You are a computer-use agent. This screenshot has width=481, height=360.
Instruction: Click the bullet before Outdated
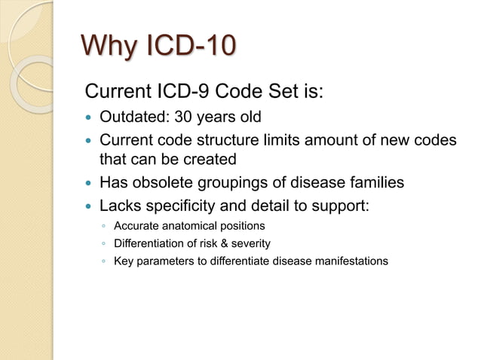(x=90, y=118)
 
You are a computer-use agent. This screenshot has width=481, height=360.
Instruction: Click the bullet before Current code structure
(x=90, y=140)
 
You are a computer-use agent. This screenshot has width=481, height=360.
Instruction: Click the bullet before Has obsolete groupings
(x=90, y=183)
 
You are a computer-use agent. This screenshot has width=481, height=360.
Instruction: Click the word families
(x=369, y=182)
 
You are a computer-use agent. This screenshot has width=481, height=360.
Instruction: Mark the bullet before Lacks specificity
(x=90, y=205)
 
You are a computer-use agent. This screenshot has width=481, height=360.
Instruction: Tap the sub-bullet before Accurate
(x=103, y=226)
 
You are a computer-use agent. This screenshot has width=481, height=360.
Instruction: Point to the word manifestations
(x=351, y=261)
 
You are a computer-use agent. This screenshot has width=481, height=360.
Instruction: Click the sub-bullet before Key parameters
(x=103, y=261)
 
